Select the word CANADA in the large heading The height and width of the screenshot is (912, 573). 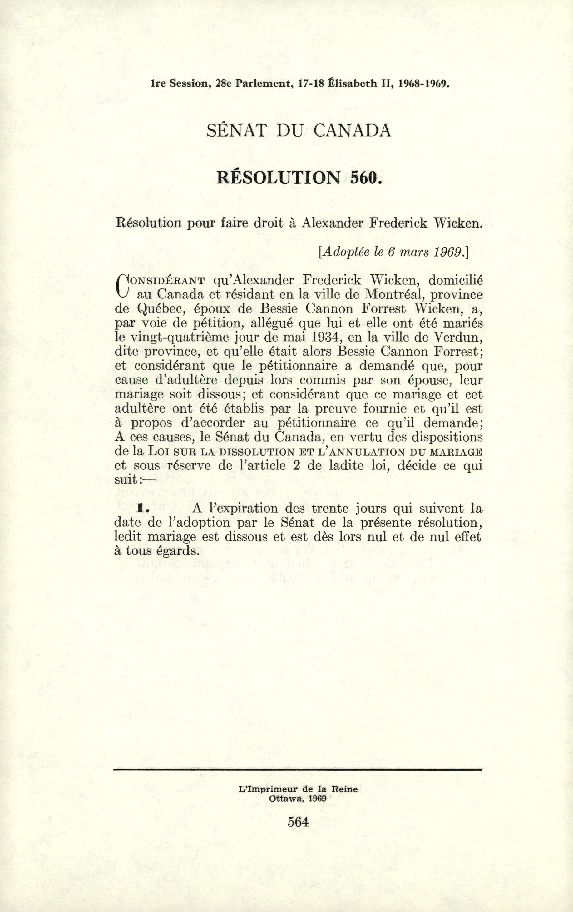click(352, 131)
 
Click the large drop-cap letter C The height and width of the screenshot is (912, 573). click(122, 288)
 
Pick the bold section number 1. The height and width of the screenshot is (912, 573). click(141, 509)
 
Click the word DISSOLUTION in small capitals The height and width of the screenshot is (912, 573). click(257, 452)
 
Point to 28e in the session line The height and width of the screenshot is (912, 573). click(223, 83)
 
